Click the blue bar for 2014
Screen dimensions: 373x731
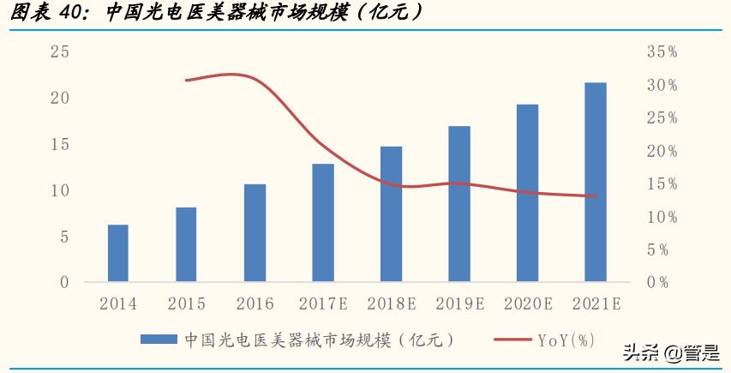click(118, 253)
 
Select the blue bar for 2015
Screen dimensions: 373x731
click(186, 244)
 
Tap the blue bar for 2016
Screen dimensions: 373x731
click(255, 232)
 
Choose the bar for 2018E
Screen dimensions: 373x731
click(391, 214)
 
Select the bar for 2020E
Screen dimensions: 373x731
click(527, 193)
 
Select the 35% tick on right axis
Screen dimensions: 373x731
click(662, 52)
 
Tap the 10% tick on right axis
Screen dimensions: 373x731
click(662, 217)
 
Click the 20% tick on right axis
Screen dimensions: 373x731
click(662, 151)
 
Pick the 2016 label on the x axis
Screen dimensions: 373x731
click(255, 304)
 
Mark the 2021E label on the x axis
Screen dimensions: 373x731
click(596, 304)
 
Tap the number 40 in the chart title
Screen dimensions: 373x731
click(75, 13)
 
